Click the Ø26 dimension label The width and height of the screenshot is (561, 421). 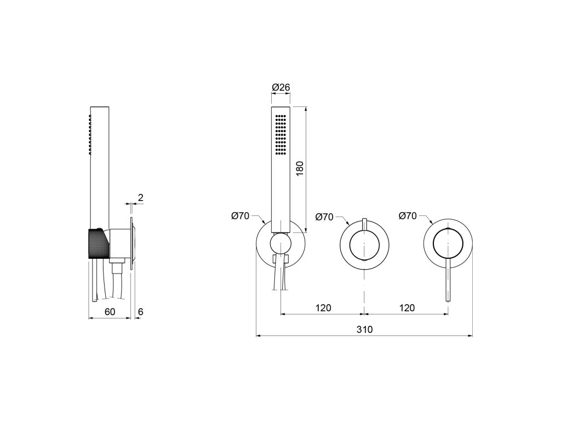[281, 87]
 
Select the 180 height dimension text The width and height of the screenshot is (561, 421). [300, 168]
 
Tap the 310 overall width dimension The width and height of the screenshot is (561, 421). [364, 329]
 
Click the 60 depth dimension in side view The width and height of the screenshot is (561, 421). [110, 311]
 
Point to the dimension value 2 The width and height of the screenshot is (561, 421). [141, 197]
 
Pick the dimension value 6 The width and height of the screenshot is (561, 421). [141, 311]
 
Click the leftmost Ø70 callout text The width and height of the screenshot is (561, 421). [240, 216]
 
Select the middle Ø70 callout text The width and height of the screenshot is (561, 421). [324, 217]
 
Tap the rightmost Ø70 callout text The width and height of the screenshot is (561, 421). [408, 216]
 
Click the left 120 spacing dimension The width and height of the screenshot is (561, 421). [323, 308]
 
